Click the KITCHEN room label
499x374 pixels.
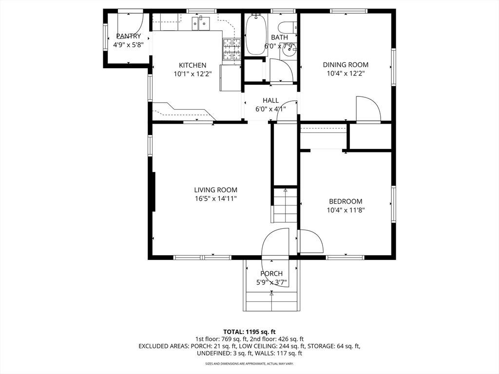pos(192,65)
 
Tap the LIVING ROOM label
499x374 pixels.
pos(216,190)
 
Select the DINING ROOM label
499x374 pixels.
pos(345,65)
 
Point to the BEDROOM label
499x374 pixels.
pos(345,201)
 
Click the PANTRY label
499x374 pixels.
pos(129,36)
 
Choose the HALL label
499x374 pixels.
pos(271,100)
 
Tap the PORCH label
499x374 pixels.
pos(271,274)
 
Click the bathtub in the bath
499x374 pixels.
pos(256,35)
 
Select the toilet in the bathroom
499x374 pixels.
pos(288,29)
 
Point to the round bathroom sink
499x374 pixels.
pos(289,48)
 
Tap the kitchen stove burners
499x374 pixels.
pos(231,49)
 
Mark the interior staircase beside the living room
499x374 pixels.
pos(285,206)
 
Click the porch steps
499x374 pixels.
pos(272,301)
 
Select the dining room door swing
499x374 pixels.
pos(368,109)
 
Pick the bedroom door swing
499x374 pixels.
pos(311,242)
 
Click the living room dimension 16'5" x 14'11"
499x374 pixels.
pos(216,199)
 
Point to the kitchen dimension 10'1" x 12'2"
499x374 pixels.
pos(192,74)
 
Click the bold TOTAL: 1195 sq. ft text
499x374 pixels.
pos(249,332)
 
